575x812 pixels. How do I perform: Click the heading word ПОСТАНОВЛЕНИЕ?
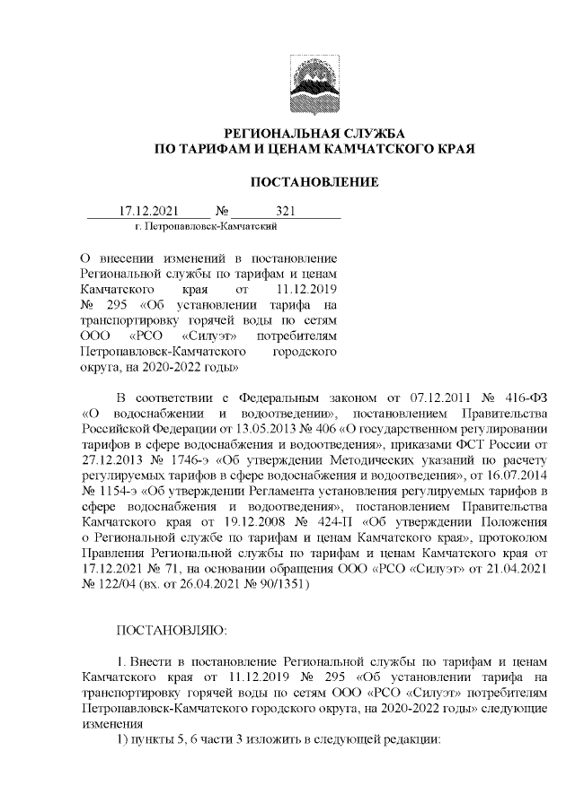click(x=314, y=182)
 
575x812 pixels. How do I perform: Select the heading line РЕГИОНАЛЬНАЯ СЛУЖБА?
click(x=314, y=132)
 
